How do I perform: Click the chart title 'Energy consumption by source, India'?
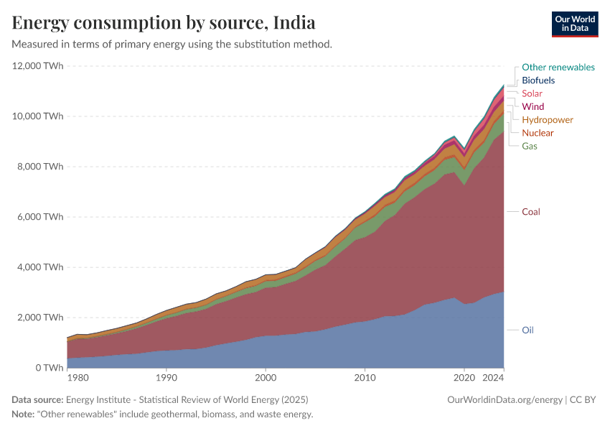(164, 22)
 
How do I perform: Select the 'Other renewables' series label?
(558, 67)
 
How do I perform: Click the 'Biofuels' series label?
(538, 80)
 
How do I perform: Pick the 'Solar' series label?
(532, 93)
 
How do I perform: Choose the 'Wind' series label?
(532, 106)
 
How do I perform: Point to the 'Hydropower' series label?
(547, 120)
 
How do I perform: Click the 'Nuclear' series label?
(538, 133)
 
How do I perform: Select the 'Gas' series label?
(529, 146)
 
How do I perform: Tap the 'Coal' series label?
(530, 212)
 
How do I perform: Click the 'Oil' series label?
(527, 330)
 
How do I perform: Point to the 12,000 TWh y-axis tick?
(38, 66)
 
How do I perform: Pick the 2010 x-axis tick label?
(365, 377)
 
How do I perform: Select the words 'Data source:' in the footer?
(37, 399)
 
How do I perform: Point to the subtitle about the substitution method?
(172, 44)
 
